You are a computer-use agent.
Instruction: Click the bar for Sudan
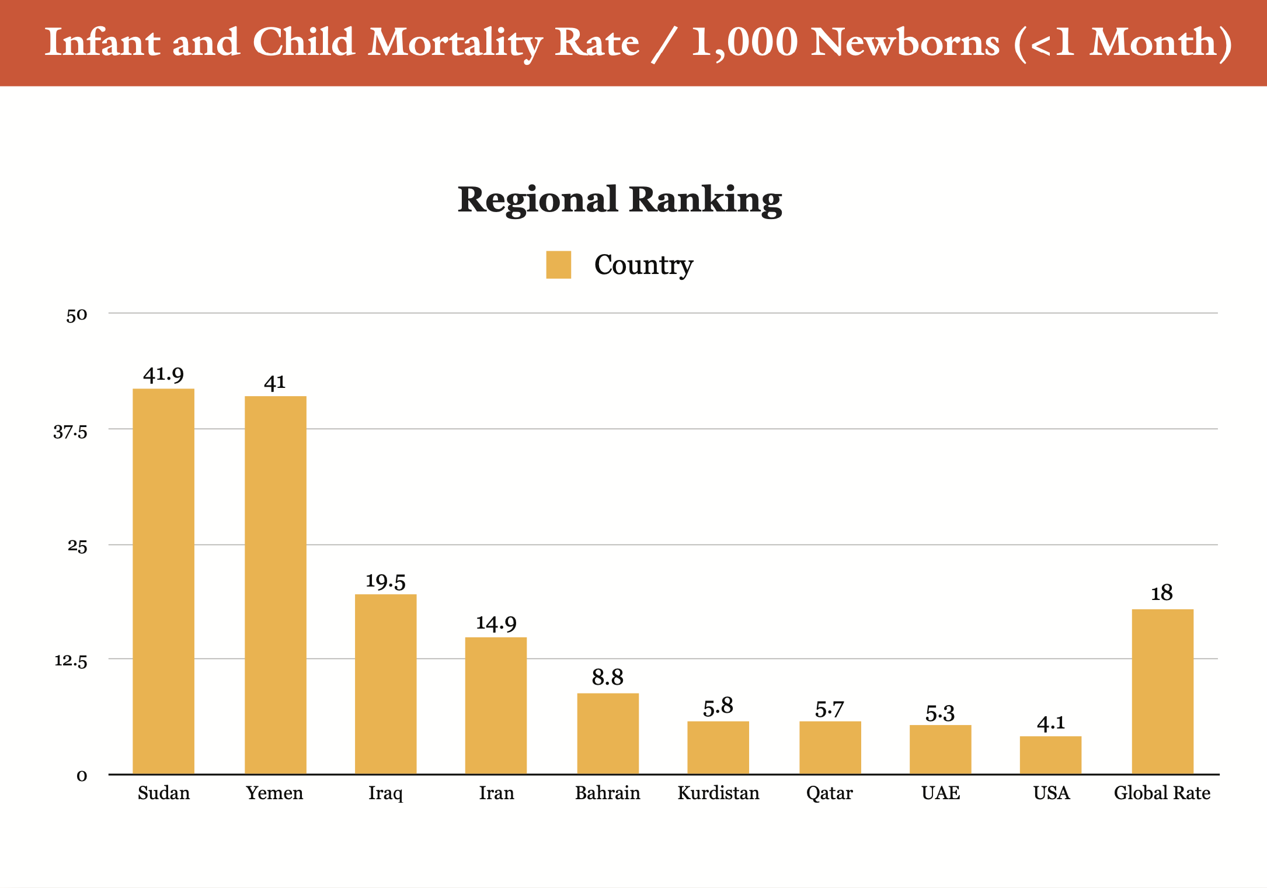[163, 581]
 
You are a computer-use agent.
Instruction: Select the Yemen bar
[275, 585]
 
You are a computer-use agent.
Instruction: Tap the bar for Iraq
[385, 684]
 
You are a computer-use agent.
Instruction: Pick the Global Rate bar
[1162, 692]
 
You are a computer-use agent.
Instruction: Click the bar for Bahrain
[608, 734]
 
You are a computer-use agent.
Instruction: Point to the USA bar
[1050, 755]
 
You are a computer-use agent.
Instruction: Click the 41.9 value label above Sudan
[163, 374]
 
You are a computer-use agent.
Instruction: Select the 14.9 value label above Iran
[496, 623]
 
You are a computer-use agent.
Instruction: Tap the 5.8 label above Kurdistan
[718, 707]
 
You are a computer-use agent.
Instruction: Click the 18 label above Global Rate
[1162, 594]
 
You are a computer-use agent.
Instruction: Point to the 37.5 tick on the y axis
[70, 432]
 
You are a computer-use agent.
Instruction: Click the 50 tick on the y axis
[76, 315]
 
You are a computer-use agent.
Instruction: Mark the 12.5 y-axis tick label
[71, 661]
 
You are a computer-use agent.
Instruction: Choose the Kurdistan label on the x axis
[718, 793]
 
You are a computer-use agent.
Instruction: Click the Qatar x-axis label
[829, 793]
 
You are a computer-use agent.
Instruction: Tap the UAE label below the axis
[941, 793]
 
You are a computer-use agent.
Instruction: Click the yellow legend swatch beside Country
[559, 265]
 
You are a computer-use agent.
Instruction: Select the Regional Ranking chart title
[619, 200]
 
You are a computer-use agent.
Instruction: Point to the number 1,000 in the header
[745, 43]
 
